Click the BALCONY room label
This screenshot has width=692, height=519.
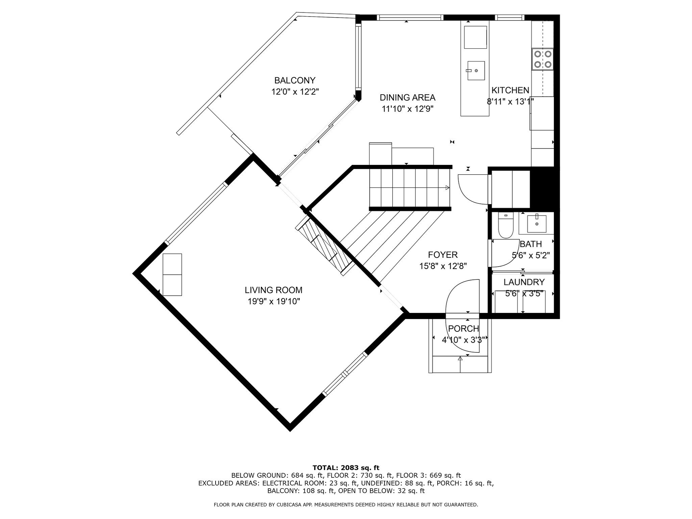pos(295,80)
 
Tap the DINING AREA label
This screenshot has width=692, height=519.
pos(407,98)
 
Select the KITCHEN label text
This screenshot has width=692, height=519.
pos(510,90)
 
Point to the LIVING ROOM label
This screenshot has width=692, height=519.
pos(274,290)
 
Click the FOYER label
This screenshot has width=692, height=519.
pos(443,255)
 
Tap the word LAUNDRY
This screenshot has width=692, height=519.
pos(524,282)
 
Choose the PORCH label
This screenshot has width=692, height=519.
pos(464,328)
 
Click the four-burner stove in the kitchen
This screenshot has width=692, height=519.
pos(543,59)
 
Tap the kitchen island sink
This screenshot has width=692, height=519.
pos(476,71)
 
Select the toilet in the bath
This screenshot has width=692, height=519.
pos(505,225)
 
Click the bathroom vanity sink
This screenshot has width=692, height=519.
pos(537,224)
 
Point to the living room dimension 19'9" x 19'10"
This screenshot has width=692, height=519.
pos(274,301)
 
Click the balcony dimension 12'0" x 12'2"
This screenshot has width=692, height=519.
pos(295,92)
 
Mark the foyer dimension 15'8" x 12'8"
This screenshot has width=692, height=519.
pos(443,266)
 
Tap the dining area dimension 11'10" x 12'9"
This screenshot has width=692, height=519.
pos(407,109)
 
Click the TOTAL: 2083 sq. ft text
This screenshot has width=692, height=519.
pos(346,468)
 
